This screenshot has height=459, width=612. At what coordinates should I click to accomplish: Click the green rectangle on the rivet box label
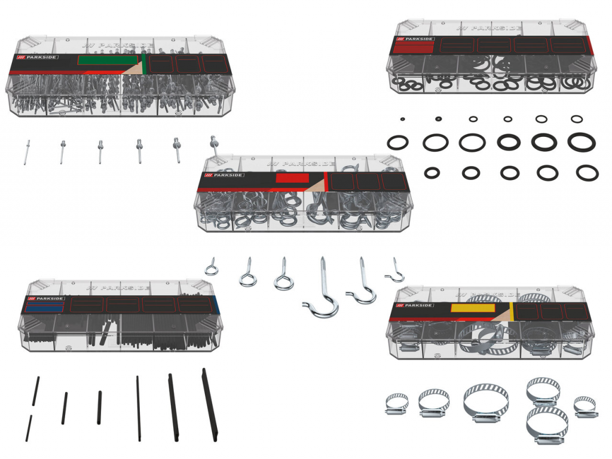tap(108, 60)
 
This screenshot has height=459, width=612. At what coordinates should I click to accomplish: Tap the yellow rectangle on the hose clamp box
tap(473, 308)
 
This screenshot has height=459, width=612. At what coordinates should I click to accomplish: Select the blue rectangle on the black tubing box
tap(44, 306)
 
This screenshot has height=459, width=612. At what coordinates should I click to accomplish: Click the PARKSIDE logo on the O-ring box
tap(415, 39)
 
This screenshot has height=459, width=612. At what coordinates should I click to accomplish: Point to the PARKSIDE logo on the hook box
tap(224, 175)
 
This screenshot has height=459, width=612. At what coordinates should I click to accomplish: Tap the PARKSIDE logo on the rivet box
tap(38, 57)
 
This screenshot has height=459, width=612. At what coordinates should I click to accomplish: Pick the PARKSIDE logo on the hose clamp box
tap(415, 305)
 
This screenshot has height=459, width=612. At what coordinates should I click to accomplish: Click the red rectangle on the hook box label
tap(292, 178)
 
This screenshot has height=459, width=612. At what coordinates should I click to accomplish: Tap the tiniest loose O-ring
tap(402, 119)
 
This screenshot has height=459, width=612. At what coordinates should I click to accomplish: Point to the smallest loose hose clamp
tap(585, 406)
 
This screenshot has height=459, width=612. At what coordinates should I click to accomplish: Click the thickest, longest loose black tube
tap(210, 405)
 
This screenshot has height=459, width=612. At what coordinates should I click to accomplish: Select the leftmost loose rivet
tap(26, 152)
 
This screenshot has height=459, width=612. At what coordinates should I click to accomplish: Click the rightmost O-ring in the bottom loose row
tap(587, 173)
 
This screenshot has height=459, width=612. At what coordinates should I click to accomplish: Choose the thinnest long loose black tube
tap(138, 409)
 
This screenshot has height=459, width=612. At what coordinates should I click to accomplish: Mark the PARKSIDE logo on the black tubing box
tap(45, 299)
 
